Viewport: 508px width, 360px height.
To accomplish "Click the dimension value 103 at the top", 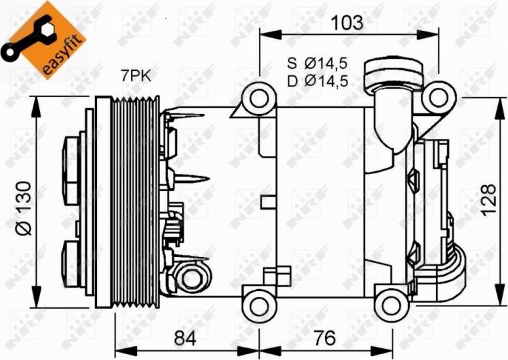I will tap(346, 22).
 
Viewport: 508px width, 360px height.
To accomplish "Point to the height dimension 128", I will tap(487, 201).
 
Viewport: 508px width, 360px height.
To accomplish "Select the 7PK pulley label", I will tap(135, 76).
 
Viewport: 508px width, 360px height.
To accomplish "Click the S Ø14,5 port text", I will tap(316, 64).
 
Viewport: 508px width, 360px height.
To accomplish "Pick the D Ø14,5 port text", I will tap(316, 81).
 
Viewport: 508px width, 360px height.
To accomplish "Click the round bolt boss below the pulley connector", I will tap(192, 278).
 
